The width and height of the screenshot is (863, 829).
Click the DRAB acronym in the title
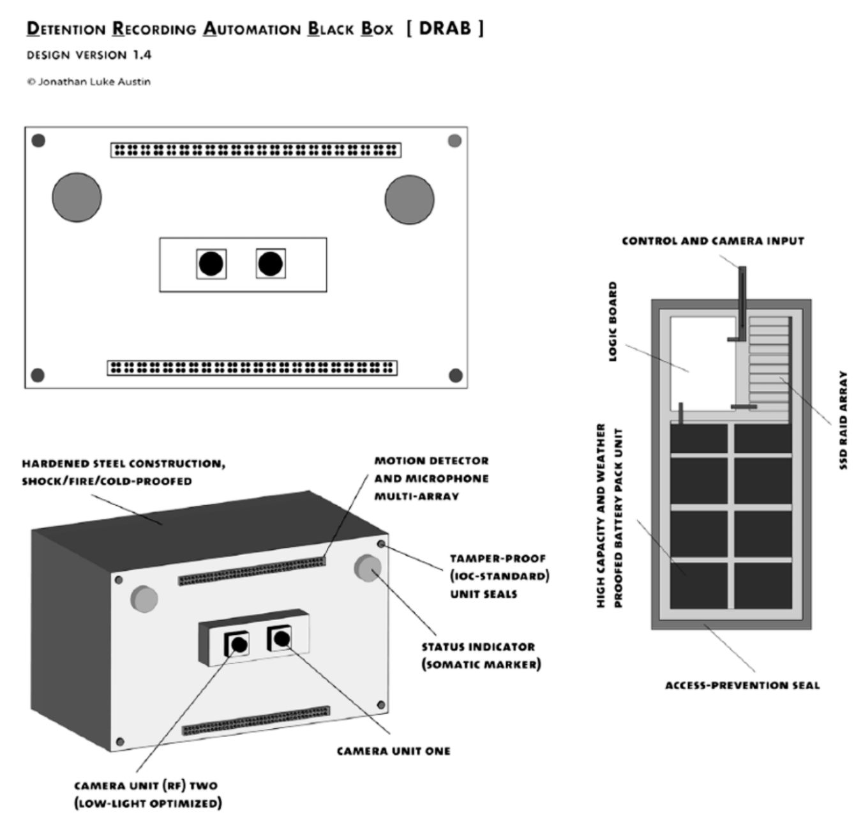[x=444, y=28]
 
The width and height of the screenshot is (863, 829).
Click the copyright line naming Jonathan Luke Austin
[x=89, y=82]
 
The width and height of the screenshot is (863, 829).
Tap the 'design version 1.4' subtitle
[x=89, y=55]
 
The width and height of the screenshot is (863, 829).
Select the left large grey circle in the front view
[x=77, y=197]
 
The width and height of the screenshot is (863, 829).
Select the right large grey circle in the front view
[x=409, y=199]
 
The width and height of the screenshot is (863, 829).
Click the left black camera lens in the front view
[x=211, y=263]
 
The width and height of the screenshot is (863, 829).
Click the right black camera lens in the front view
[x=271, y=263]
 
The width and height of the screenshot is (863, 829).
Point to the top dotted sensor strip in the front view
[x=255, y=150]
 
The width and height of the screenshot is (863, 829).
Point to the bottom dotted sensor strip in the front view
[x=252, y=368]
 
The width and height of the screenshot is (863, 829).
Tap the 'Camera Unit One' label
[x=393, y=751]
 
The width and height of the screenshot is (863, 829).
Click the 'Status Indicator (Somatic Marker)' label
[x=481, y=656]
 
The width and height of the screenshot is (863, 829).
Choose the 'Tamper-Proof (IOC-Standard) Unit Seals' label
[x=499, y=576]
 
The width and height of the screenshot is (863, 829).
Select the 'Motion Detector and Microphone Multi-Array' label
[x=431, y=478]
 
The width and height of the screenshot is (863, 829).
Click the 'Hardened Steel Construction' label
[x=123, y=472]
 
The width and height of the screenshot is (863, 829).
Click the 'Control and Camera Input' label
[x=712, y=241]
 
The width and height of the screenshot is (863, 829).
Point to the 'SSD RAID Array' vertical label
[x=843, y=420]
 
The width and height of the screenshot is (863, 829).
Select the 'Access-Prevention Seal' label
[x=742, y=685]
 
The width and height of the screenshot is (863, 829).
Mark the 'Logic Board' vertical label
[x=613, y=321]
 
